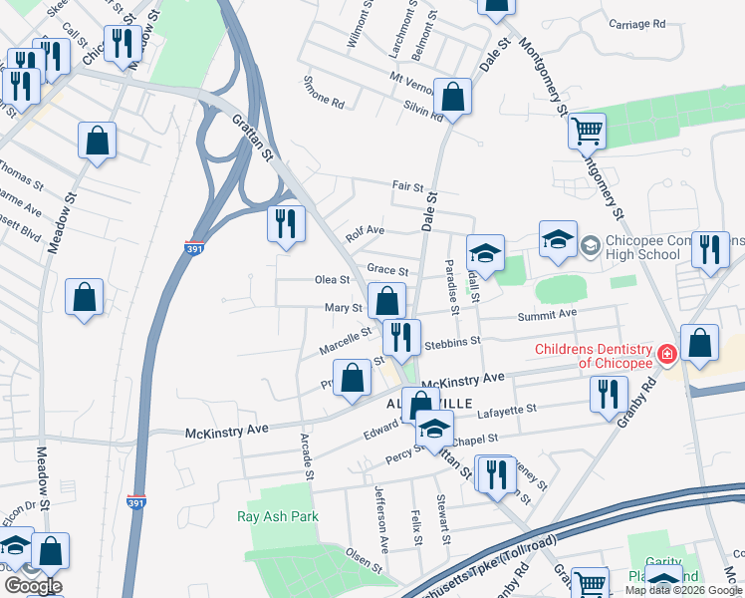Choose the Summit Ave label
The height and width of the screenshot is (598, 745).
point(547,314)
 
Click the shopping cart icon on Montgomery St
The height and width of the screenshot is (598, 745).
point(587,130)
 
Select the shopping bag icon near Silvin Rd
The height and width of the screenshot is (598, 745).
point(453,99)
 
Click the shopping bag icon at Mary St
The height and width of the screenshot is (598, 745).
point(385,301)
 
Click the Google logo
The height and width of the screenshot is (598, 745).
point(33,586)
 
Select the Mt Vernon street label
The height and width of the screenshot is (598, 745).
point(414,78)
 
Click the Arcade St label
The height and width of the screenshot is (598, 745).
point(308,453)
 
